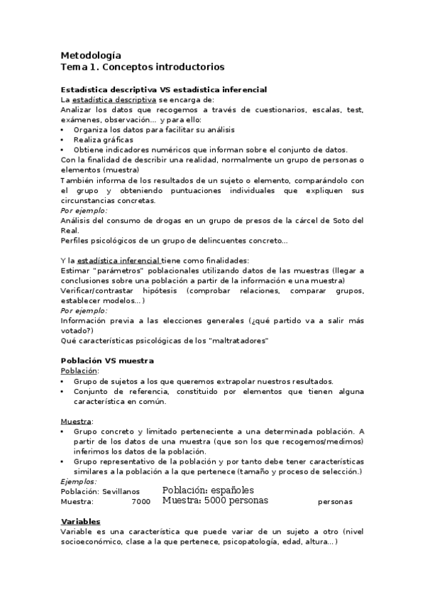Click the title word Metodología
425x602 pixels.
91,55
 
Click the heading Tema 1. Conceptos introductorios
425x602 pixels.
143,67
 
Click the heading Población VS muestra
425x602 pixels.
107,361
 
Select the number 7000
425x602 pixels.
141,501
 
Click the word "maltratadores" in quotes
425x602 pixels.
236,341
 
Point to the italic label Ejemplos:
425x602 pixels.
79,481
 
